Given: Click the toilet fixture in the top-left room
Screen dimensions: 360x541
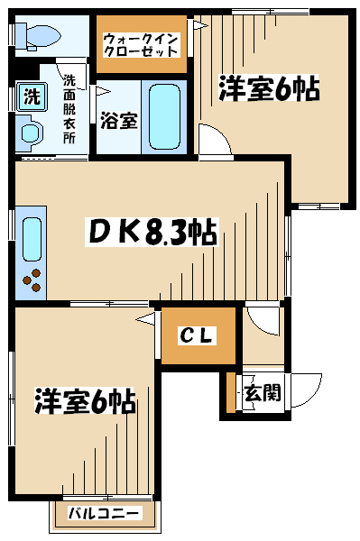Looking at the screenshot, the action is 37,36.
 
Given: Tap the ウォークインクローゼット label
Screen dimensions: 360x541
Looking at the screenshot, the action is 141,45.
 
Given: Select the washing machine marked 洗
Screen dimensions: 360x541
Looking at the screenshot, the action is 32,96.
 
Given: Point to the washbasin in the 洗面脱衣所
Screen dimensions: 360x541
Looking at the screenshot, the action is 30,133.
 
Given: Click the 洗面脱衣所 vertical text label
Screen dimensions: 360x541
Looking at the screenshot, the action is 69,109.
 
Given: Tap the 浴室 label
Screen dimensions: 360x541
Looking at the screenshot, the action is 119,121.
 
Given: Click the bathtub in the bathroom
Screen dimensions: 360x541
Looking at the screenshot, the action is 164,117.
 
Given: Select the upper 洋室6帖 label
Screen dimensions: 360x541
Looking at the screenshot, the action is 269,88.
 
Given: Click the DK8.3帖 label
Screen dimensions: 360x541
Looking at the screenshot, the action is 152,232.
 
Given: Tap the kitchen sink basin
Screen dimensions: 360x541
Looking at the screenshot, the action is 32,239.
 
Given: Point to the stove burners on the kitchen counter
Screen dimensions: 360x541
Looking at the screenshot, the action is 32,280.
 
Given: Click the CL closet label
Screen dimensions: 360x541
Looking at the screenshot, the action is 198,335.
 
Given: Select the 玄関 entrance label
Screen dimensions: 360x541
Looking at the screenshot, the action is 263,392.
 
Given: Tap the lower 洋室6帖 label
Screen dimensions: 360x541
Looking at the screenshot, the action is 85,401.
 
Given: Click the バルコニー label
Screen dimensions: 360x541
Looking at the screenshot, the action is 105,513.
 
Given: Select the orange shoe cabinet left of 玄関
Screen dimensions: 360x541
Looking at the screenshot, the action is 231,392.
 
